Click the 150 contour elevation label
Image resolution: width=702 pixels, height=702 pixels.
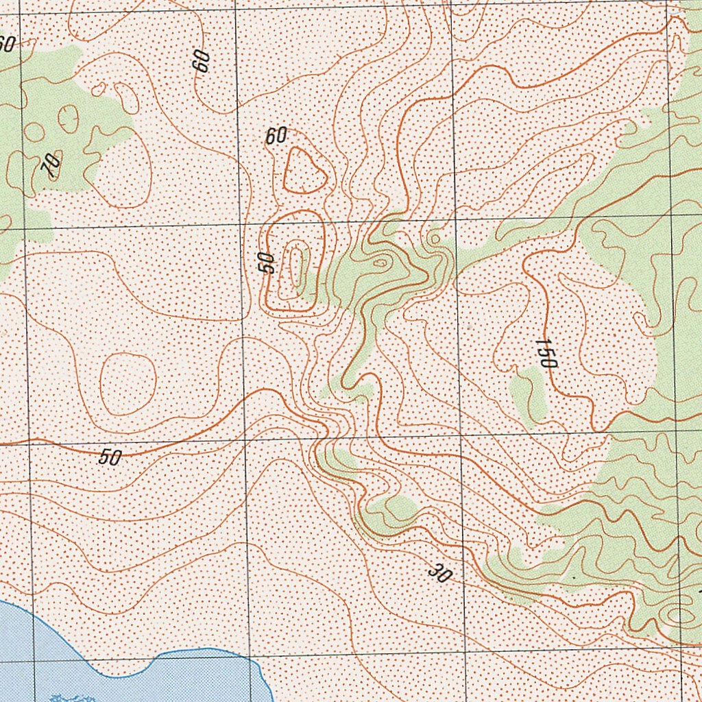point(546,353)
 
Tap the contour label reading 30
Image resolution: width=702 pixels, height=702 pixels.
point(439,572)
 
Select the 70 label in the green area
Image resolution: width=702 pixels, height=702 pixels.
point(51,165)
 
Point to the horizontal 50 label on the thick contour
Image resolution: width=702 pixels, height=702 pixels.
point(110,457)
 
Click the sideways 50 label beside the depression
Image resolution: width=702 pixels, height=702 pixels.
point(266,263)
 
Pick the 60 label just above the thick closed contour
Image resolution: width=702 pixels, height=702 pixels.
point(276,136)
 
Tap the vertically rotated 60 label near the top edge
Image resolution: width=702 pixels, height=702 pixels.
point(201,61)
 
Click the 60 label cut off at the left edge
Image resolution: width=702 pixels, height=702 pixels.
point(6,44)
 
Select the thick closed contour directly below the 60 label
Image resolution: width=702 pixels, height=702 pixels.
point(304,171)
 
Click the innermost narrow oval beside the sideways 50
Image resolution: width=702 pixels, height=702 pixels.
point(297,267)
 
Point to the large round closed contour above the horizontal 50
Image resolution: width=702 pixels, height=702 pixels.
point(128,384)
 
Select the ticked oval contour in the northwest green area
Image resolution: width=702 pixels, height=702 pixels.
point(68,118)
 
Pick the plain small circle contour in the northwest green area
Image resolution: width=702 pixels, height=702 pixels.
point(34,132)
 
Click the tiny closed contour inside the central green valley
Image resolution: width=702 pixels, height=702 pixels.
point(380,262)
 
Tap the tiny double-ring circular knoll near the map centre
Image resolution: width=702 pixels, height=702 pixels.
point(434,239)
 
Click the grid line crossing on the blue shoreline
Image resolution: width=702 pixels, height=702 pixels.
point(250,656)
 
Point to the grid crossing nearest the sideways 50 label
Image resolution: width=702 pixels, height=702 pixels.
point(241,224)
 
